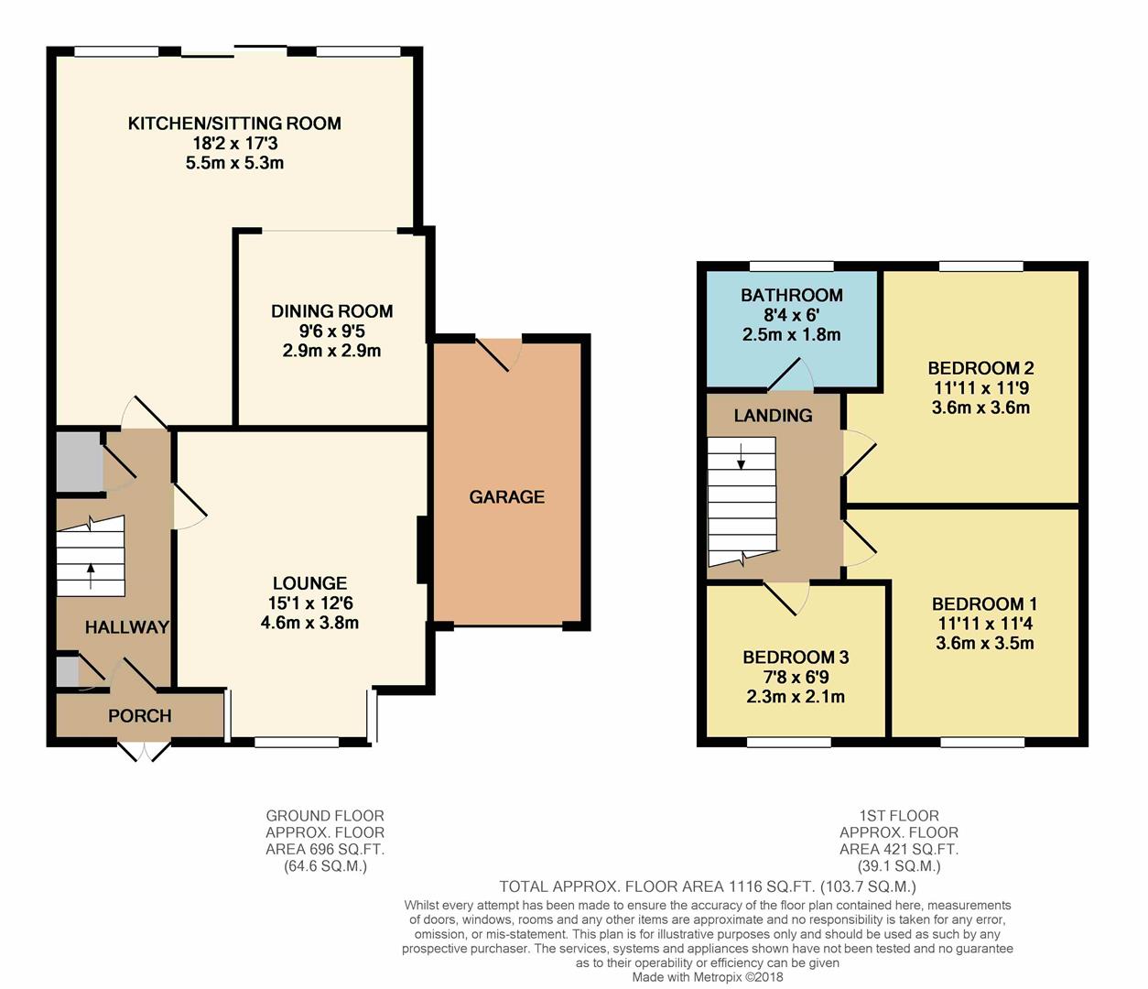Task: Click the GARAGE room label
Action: (506, 496)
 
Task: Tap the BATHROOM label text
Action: (792, 295)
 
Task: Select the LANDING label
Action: (773, 416)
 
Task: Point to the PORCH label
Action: (140, 715)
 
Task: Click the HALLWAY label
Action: (126, 627)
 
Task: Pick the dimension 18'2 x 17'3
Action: (235, 144)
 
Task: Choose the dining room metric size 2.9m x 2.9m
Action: (331, 351)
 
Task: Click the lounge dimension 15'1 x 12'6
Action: (310, 603)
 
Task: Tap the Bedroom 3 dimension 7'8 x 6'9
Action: (796, 678)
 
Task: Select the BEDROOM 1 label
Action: (985, 604)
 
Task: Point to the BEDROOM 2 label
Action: (980, 368)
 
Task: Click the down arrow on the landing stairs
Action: (741, 457)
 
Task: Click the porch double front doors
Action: (144, 751)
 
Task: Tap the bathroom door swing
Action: (791, 373)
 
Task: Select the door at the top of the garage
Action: (498, 353)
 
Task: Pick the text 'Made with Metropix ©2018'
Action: (708, 977)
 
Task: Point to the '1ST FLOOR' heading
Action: (899, 816)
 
